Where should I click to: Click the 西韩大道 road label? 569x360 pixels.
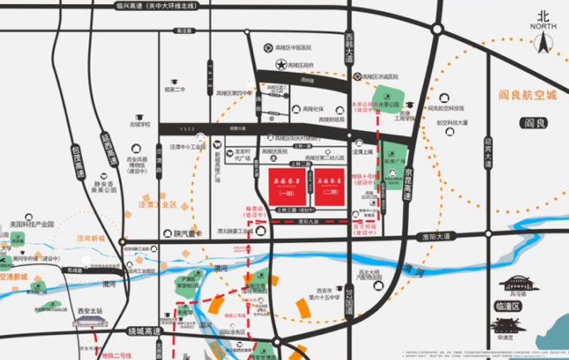[x=349, y=40]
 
